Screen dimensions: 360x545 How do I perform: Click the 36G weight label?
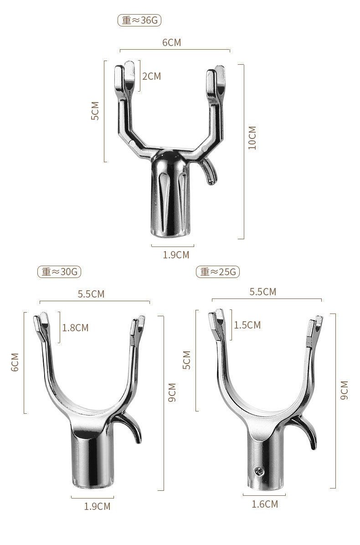click(x=139, y=20)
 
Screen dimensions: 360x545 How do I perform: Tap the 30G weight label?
click(x=59, y=272)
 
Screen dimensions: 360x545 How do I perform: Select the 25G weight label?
click(x=218, y=272)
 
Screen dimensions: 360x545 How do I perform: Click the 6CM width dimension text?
click(x=172, y=42)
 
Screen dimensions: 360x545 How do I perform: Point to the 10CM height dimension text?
click(x=252, y=138)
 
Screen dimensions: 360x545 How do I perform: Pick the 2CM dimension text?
click(x=151, y=76)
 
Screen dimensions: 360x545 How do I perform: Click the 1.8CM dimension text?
click(x=75, y=328)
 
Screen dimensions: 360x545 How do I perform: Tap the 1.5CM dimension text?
click(x=247, y=325)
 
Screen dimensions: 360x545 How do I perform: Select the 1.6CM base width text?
click(x=265, y=504)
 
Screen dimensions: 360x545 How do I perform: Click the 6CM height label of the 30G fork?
click(x=15, y=362)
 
